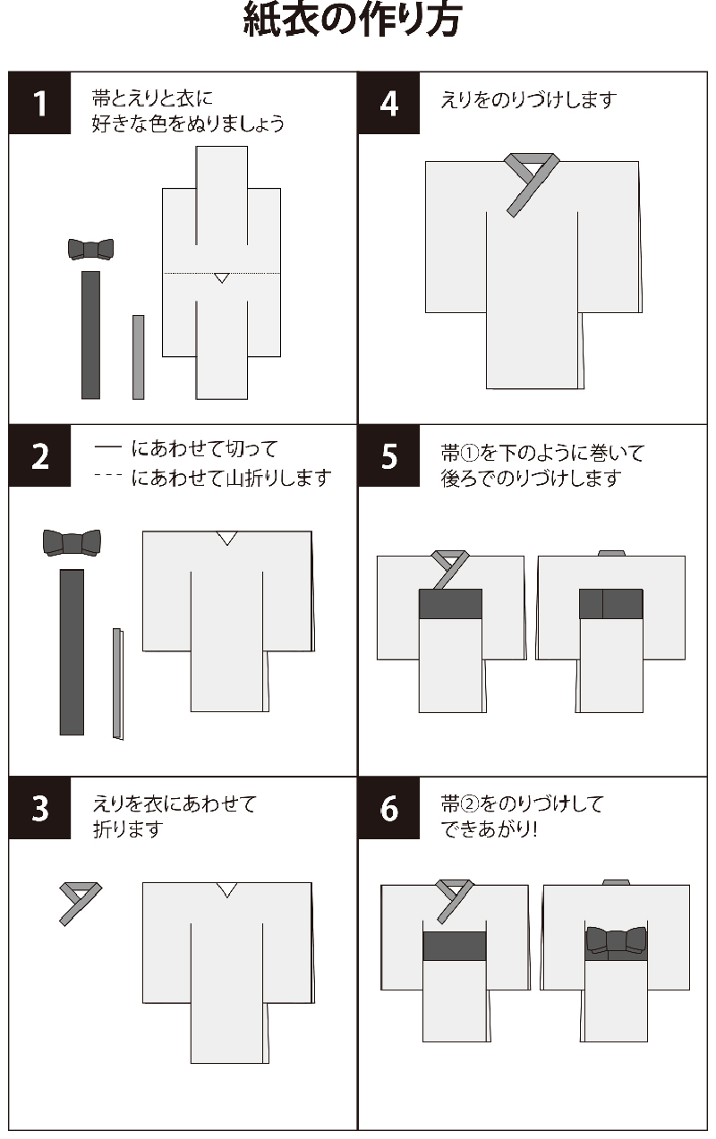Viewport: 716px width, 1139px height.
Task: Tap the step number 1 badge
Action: [39, 103]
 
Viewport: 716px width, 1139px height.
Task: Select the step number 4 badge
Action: [388, 103]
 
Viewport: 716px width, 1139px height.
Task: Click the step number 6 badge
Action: [388, 808]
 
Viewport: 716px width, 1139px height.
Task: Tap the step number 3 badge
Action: [39, 808]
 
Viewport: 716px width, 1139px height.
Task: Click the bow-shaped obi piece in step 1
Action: [90, 249]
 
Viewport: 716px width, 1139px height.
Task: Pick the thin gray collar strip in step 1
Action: [138, 356]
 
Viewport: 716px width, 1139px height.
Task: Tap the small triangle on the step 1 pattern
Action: [221, 278]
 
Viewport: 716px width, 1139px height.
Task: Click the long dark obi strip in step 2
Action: [72, 651]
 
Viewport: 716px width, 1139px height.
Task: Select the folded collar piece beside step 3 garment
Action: [77, 900]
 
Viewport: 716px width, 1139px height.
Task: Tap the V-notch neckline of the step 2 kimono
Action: [227, 538]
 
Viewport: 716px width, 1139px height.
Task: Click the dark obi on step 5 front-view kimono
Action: [450, 604]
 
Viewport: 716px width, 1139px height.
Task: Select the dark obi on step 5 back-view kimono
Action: [610, 604]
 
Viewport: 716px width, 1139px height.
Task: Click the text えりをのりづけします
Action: [529, 100]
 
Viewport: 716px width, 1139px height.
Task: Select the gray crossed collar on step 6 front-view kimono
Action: [453, 898]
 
